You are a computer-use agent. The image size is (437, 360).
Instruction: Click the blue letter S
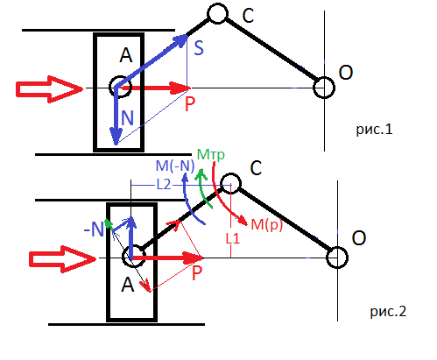(199, 48)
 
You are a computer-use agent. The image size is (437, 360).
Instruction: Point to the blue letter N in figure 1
(127, 118)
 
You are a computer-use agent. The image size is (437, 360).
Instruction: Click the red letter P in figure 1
(190, 103)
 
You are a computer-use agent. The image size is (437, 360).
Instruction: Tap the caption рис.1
(374, 130)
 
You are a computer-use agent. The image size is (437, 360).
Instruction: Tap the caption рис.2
(388, 312)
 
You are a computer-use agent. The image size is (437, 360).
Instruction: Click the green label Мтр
(211, 154)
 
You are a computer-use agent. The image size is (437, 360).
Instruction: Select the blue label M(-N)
(175, 166)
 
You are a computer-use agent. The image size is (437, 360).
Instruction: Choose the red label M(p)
(267, 225)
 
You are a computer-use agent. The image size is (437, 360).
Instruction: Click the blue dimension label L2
(164, 185)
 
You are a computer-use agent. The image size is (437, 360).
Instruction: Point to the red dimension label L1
(233, 238)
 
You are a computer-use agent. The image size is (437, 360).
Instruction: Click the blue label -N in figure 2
(94, 229)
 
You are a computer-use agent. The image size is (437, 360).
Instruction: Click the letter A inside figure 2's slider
(128, 285)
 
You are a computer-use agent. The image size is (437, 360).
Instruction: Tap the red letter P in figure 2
(197, 273)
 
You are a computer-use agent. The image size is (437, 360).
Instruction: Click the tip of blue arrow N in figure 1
(116, 145)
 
